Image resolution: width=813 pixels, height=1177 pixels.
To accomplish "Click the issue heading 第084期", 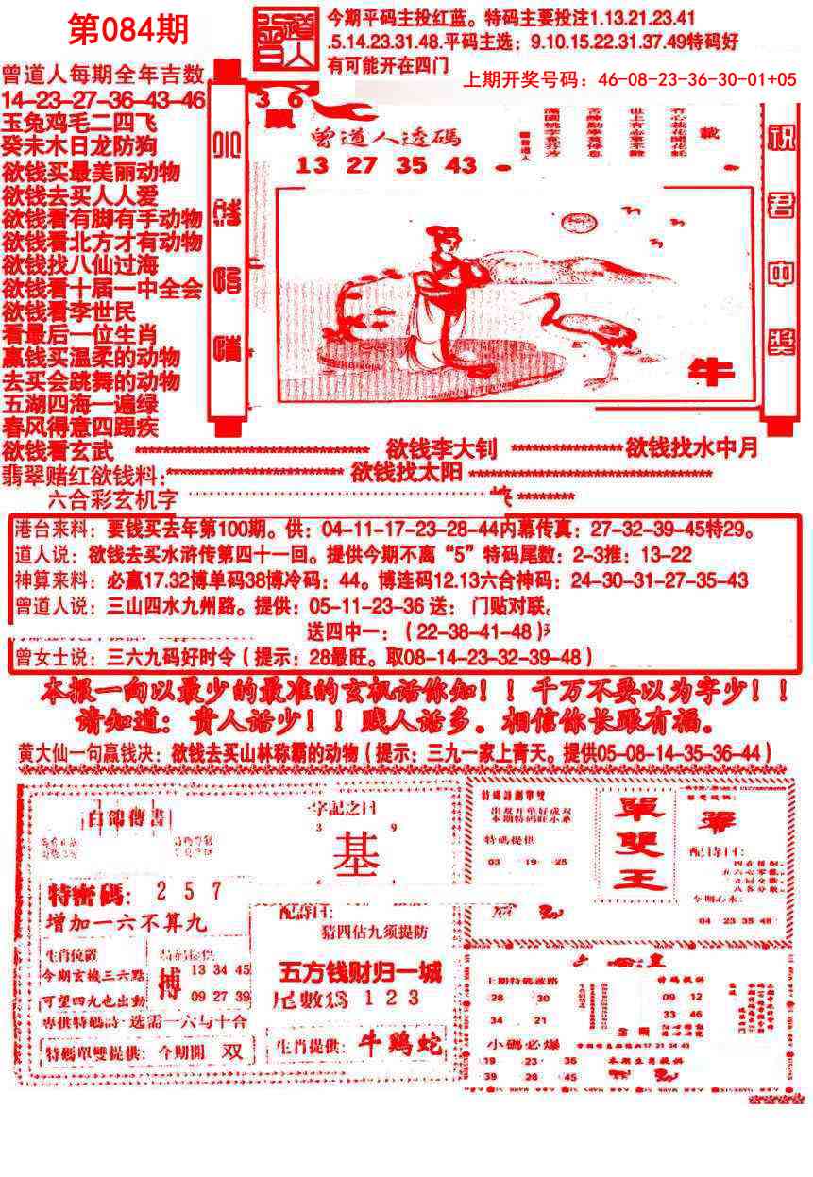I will [128, 30].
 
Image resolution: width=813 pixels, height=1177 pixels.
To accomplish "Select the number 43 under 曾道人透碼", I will [463, 165].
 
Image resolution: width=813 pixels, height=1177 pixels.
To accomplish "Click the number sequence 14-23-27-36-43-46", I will [104, 100].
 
